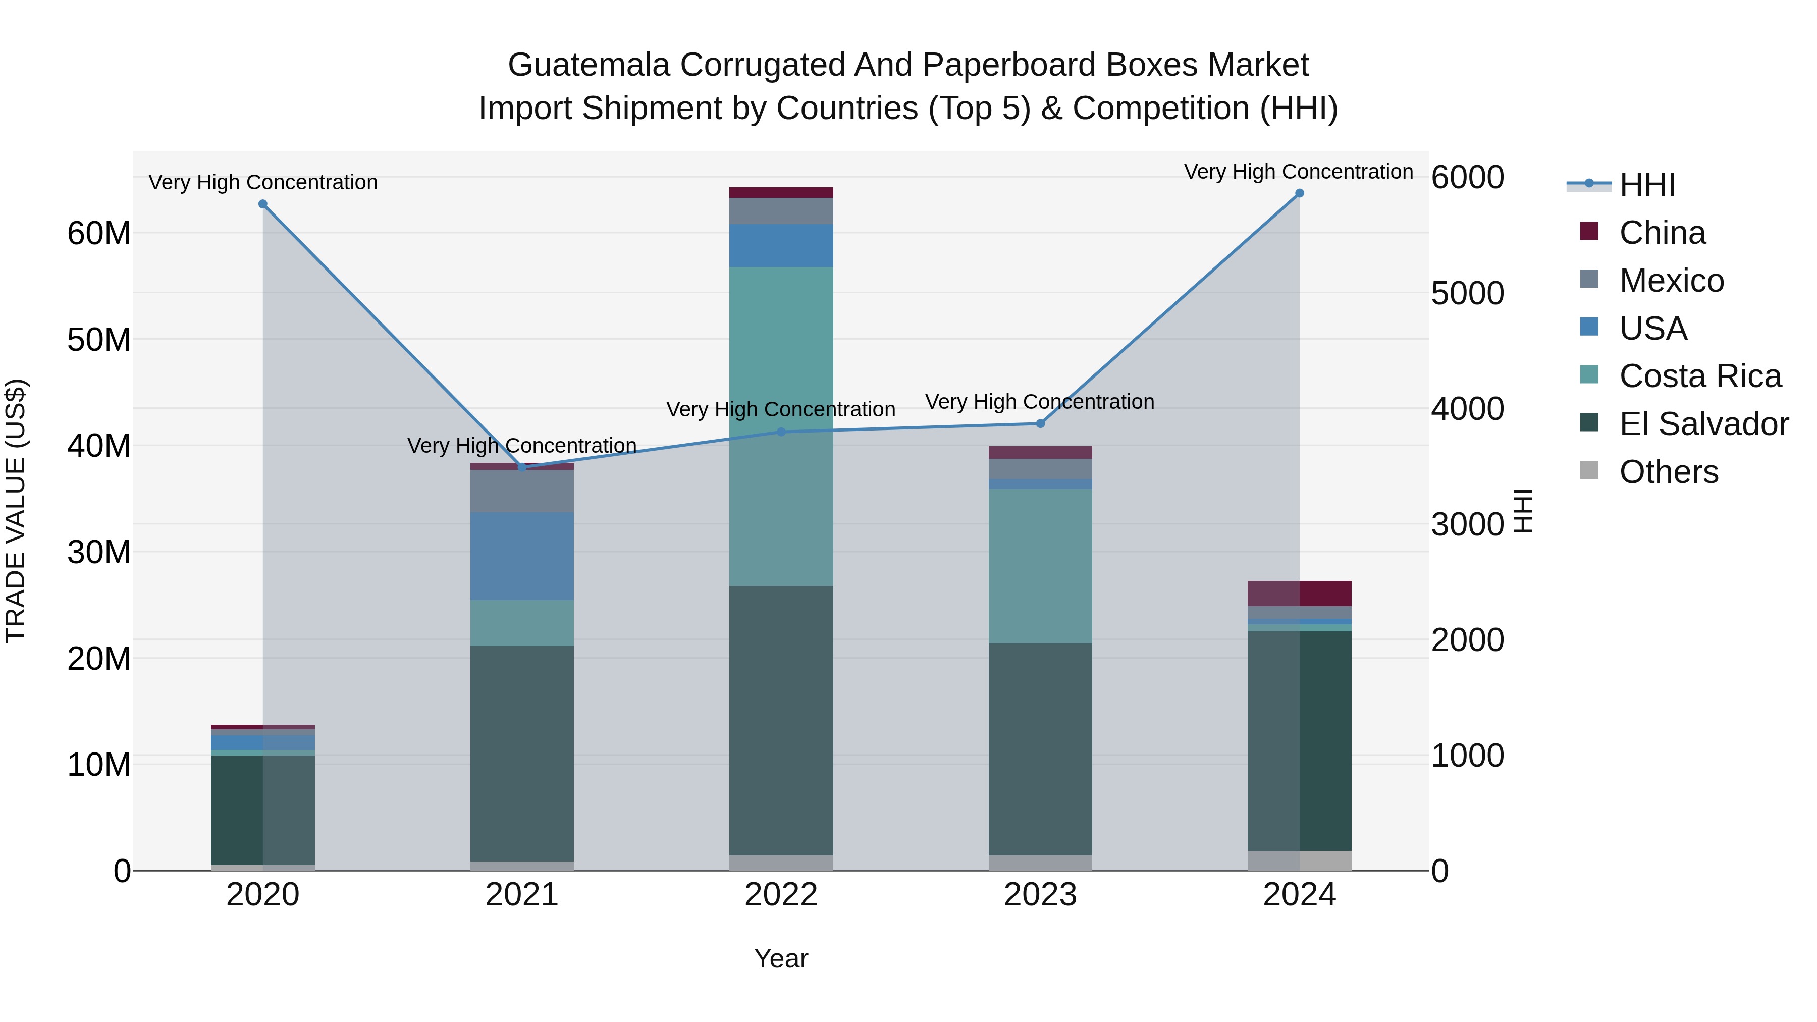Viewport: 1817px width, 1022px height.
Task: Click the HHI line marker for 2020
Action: tap(263, 204)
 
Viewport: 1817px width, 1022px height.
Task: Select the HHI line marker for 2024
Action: tap(1299, 193)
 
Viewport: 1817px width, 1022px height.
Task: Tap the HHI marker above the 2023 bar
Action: tap(1040, 423)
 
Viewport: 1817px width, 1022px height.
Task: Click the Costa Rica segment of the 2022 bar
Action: tap(781, 426)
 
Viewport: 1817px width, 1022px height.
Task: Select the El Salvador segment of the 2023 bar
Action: tap(1040, 749)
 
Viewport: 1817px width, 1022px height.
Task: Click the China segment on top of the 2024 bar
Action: tap(1299, 593)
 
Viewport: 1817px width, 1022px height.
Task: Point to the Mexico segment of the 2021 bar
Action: tap(522, 491)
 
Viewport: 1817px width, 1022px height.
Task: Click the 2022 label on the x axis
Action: tap(781, 895)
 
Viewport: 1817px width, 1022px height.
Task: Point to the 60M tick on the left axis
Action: tap(99, 234)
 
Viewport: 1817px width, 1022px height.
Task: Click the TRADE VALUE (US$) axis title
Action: tap(16, 511)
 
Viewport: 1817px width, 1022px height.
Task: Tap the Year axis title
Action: tap(781, 958)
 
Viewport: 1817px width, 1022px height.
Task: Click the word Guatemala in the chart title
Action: tap(589, 65)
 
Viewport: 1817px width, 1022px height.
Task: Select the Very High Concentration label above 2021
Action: tap(522, 446)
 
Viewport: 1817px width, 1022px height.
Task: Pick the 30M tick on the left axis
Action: tap(99, 552)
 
